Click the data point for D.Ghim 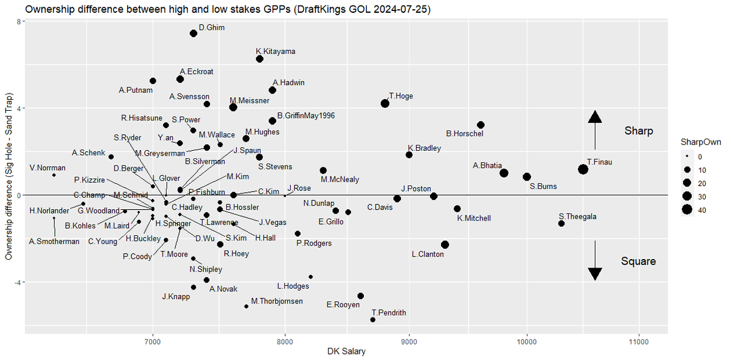pyautogui.click(x=193, y=33)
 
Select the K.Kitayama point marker pyautogui.click(x=259, y=59)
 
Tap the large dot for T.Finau pyautogui.click(x=583, y=169)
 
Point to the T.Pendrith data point pyautogui.click(x=373, y=320)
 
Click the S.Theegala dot pyautogui.click(x=561, y=224)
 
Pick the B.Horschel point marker pyautogui.click(x=481, y=125)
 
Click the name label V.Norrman pyautogui.click(x=47, y=168)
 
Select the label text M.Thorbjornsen pyautogui.click(x=277, y=301)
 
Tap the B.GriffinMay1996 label pyautogui.click(x=306, y=115)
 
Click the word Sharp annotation pyautogui.click(x=638, y=131)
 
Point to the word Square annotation pyautogui.click(x=638, y=261)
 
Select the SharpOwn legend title pyautogui.click(x=700, y=142)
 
